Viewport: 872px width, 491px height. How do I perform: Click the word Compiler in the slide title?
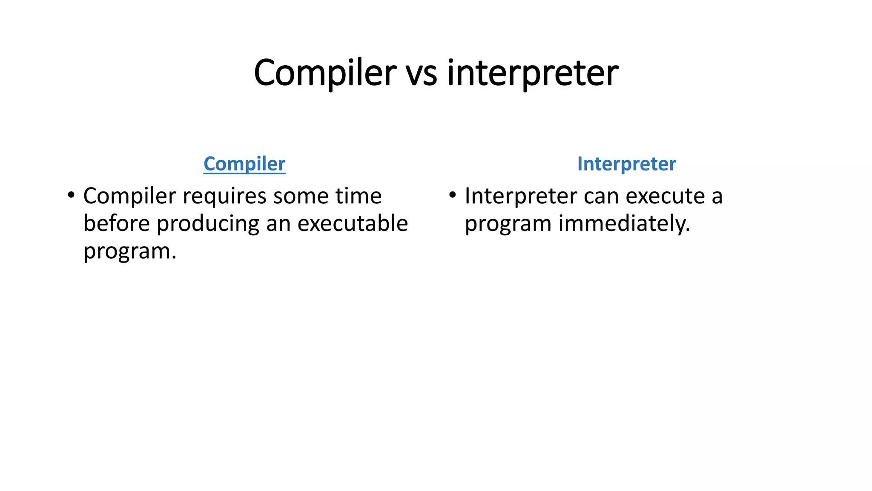pos(325,72)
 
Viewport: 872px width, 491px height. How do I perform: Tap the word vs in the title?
pos(421,73)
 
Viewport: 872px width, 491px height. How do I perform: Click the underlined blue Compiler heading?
pos(244,164)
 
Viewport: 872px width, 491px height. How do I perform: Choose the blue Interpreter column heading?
pos(626,164)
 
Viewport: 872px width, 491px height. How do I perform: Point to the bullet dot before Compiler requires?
pos(71,196)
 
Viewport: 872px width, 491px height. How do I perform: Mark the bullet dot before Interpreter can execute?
pos(453,196)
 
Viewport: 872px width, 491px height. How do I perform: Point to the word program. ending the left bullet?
pos(129,251)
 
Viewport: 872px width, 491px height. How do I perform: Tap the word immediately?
pos(624,224)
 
